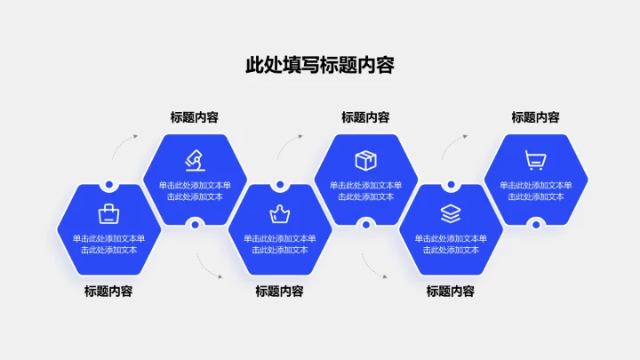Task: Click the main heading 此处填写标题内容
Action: [x=319, y=66]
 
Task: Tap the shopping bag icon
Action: [x=108, y=213]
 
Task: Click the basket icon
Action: [x=280, y=213]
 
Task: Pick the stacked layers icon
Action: [x=451, y=213]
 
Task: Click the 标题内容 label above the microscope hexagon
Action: [x=195, y=117]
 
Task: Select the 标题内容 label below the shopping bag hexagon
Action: [x=108, y=291]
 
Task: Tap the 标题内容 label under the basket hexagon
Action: [x=280, y=291]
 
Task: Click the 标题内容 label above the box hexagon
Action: [x=365, y=117]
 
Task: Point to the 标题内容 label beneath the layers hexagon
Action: [x=451, y=291]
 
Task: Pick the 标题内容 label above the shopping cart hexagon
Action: [x=535, y=117]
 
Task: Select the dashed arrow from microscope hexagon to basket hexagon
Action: [x=208, y=266]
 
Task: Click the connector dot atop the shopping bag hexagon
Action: [x=108, y=185]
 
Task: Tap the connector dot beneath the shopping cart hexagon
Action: [x=535, y=224]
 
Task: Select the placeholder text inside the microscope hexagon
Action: [x=195, y=190]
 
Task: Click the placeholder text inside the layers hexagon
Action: [x=451, y=244]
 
